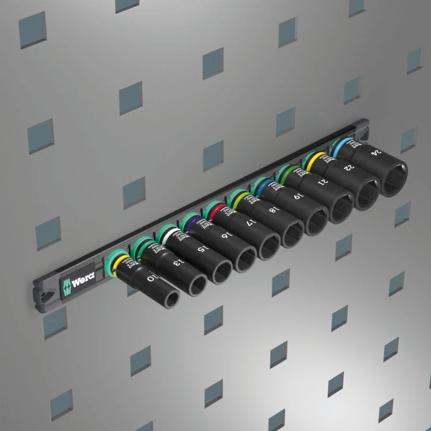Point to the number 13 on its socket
176,263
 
